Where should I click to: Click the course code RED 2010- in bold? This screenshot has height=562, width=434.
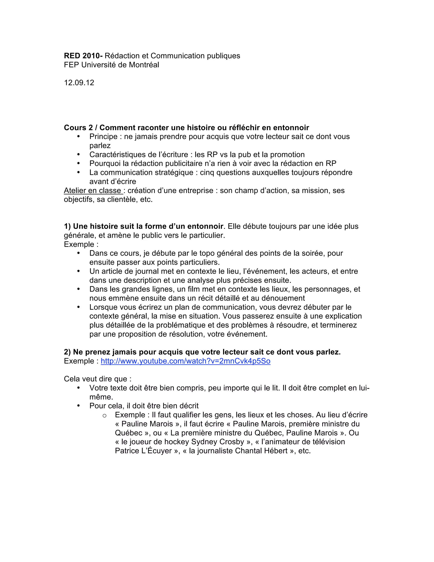click(83, 56)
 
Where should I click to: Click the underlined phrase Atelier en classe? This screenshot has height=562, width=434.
click(93, 190)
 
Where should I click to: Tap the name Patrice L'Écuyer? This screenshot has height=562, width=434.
click(143, 451)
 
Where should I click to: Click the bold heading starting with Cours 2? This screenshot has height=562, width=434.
click(186, 128)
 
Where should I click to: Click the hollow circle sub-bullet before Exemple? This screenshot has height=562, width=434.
click(104, 415)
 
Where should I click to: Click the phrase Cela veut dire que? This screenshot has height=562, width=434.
click(97, 379)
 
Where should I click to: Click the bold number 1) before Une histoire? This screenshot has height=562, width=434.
click(67, 226)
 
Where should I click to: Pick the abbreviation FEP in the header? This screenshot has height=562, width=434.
click(71, 65)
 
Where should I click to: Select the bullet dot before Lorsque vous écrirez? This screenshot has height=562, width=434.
click(79, 307)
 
